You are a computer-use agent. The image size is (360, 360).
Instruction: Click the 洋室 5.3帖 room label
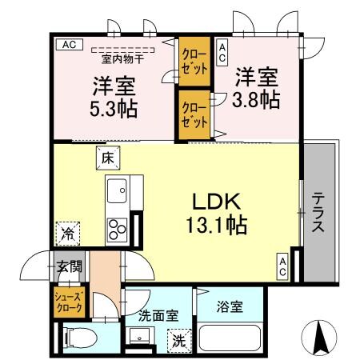[x=113, y=95]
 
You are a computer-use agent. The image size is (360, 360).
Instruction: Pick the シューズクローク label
[x=67, y=303]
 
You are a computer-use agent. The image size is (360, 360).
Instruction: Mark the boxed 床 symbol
[x=106, y=158]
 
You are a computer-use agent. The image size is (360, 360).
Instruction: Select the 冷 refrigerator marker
[x=68, y=234]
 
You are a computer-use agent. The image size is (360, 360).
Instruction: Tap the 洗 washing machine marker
[x=181, y=340]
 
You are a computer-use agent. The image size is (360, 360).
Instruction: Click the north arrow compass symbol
[x=322, y=336]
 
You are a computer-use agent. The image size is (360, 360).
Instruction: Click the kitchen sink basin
[x=117, y=192]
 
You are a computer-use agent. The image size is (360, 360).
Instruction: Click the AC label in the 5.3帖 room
[x=68, y=45]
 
